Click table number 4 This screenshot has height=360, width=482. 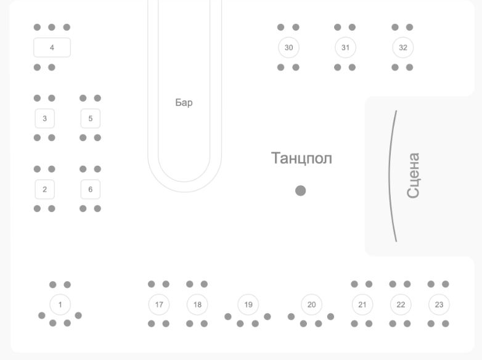point(52,47)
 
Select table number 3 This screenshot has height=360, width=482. point(44,118)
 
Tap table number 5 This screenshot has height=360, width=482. point(90,118)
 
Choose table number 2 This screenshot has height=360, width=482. point(44,189)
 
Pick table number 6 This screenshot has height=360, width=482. point(90,189)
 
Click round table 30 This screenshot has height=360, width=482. point(288,47)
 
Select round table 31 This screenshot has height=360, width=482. point(345,47)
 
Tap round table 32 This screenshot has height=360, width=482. point(402,47)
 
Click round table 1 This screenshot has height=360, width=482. point(60,305)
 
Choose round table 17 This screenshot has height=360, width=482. point(159,305)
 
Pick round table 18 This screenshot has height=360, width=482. point(197,305)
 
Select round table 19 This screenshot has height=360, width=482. point(248,305)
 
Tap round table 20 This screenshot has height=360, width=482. point(311,305)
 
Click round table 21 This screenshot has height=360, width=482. point(362,305)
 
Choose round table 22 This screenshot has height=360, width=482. point(401,305)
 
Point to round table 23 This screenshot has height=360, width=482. point(439,305)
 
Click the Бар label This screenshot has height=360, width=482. point(184,103)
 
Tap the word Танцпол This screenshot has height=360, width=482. point(301,158)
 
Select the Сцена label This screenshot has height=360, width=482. point(413,176)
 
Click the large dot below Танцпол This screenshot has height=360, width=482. point(300,190)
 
